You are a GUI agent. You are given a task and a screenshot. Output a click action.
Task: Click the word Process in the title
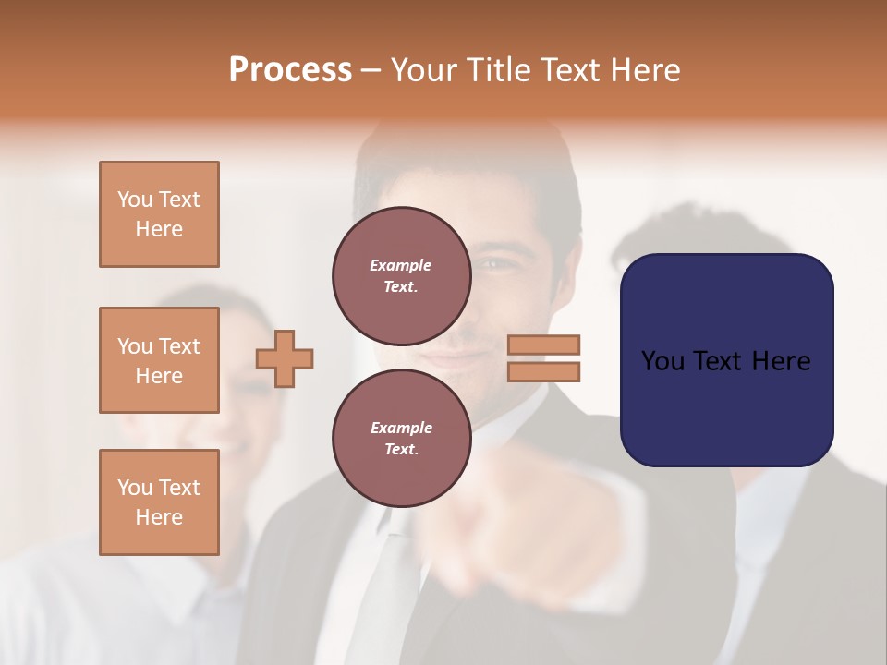tap(290, 70)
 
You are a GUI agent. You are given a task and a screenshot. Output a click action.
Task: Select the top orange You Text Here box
tap(159, 214)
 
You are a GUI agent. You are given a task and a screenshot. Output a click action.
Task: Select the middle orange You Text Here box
tap(159, 360)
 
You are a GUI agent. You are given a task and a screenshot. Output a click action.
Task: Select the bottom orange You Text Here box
tap(159, 502)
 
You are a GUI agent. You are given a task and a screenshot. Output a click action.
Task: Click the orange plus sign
tap(285, 358)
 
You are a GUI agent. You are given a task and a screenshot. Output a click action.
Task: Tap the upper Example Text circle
tap(401, 275)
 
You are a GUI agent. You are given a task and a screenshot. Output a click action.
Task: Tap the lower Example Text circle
tap(401, 438)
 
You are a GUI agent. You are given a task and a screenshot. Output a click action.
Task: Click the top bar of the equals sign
tap(543, 345)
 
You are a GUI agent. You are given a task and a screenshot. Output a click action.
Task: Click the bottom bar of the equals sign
tap(543, 371)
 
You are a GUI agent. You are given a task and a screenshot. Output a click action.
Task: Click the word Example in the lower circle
tap(401, 428)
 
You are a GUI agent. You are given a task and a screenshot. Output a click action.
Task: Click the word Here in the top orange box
tap(159, 229)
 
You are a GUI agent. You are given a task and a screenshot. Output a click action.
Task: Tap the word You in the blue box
tap(663, 361)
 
